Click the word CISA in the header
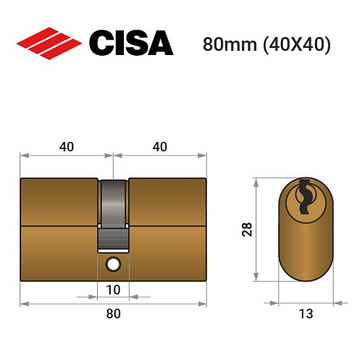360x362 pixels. pyautogui.click(x=131, y=43)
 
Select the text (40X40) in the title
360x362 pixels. pyautogui.click(x=294, y=43)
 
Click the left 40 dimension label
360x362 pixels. pyautogui.click(x=66, y=146)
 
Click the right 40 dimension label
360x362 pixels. pyautogui.click(x=160, y=146)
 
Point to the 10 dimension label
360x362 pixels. pyautogui.click(x=114, y=290)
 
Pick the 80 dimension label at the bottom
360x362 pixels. pyautogui.click(x=114, y=313)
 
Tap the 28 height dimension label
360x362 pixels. pyautogui.click(x=246, y=230)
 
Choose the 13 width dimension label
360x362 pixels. pyautogui.click(x=305, y=313)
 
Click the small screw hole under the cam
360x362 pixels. pyautogui.click(x=114, y=265)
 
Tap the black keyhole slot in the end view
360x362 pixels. pyautogui.click(x=305, y=195)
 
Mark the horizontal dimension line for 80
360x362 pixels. pyautogui.click(x=65, y=303)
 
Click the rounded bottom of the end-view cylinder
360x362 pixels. pyautogui.click(x=305, y=271)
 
